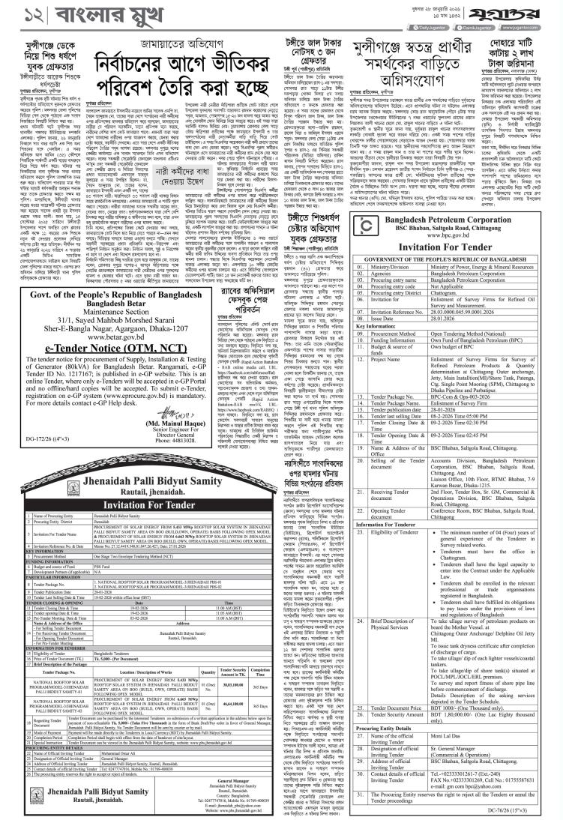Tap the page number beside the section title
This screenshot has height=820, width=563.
click(16, 15)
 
